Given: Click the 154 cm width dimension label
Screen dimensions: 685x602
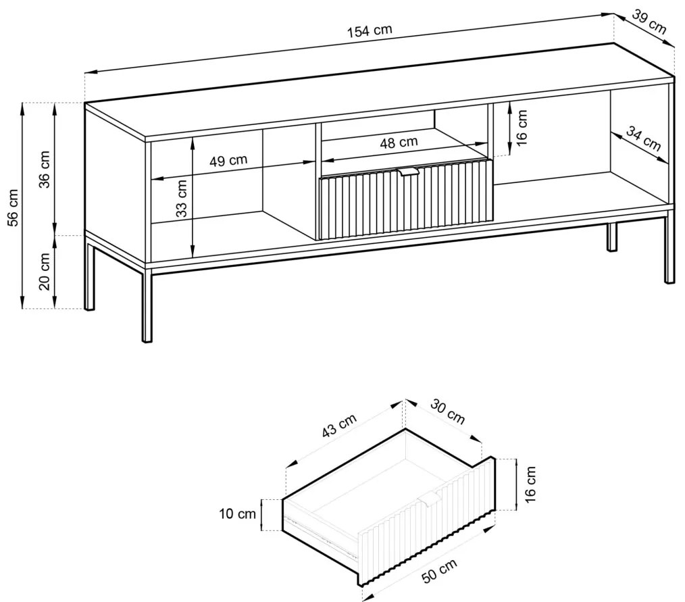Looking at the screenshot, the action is pos(370,30).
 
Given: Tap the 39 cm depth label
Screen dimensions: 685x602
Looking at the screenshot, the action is pos(649,22).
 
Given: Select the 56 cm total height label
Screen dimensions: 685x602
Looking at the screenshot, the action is pos(14,207).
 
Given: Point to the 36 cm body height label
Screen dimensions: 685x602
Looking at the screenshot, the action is pos(45,169).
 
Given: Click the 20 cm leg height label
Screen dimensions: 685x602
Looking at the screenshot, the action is pos(45,272).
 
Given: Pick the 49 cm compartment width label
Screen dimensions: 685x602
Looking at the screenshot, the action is pos(228,160).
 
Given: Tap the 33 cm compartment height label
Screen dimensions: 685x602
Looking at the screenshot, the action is pos(182,199).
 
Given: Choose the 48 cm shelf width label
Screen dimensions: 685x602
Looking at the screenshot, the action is pos(399,143).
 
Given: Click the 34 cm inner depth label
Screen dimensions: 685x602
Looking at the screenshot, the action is pos(643,139).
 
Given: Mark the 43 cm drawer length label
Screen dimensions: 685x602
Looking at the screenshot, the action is pos(339,425).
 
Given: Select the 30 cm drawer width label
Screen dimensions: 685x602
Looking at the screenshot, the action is pos(447,411).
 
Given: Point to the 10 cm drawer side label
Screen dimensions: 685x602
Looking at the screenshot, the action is pos(237,513).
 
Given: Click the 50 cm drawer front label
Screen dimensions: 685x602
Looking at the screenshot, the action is pos(440,570).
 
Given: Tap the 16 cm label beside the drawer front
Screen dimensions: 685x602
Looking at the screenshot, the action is pos(530,484).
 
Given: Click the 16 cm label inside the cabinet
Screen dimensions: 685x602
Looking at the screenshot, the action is pos(522,127).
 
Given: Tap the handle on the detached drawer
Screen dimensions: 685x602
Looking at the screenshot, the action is pos(431,501).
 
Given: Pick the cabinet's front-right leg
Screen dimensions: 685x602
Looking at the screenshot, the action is pos(669,249).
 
